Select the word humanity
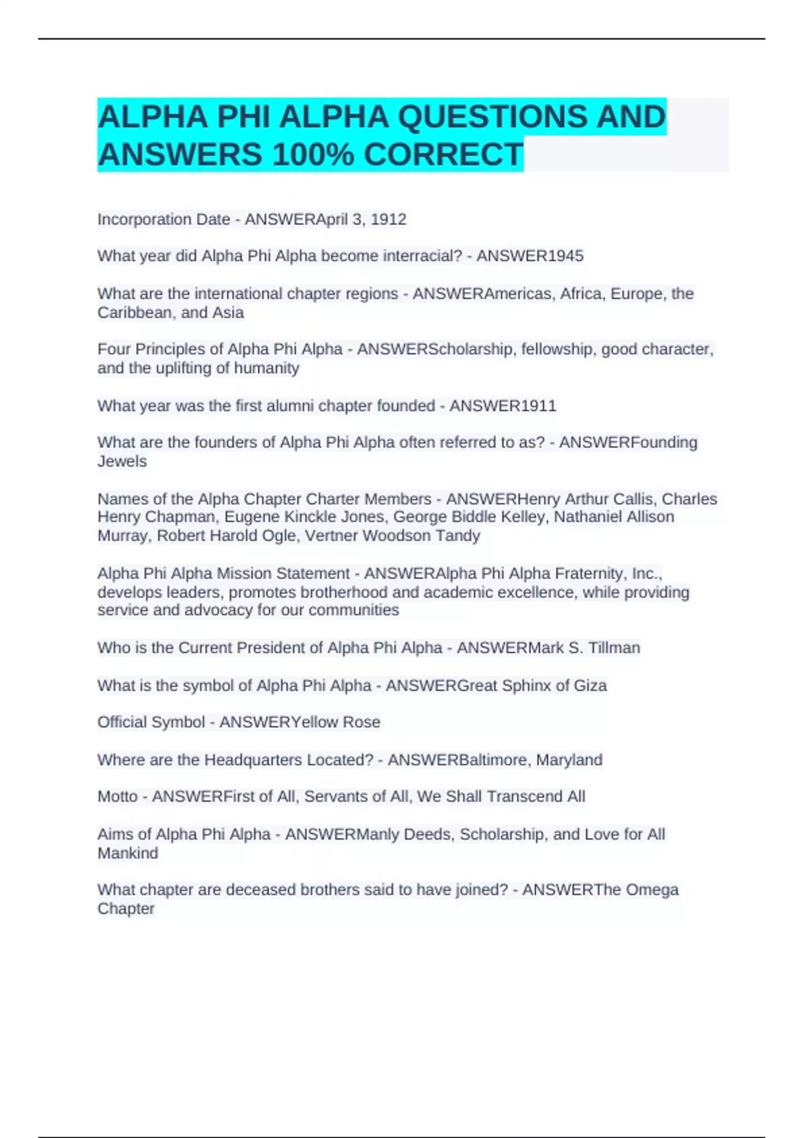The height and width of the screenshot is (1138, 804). (x=266, y=368)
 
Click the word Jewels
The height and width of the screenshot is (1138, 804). (x=121, y=461)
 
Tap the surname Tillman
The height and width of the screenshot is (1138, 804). (x=614, y=648)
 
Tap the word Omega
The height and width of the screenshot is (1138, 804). (x=652, y=890)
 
